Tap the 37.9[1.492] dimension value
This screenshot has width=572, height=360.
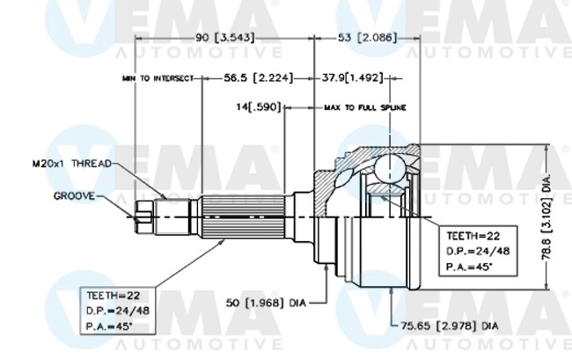[352, 78]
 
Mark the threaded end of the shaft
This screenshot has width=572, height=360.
[147, 213]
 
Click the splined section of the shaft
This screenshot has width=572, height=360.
[246, 214]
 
